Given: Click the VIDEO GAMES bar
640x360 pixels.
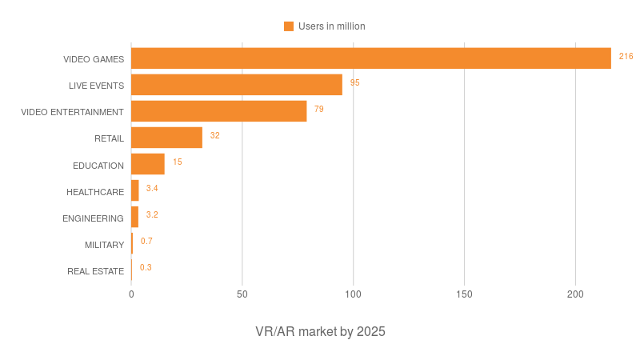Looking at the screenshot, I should pos(370,58).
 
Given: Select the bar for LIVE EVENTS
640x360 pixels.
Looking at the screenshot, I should pos(237,85).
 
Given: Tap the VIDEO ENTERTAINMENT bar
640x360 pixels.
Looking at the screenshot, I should pos(219,111).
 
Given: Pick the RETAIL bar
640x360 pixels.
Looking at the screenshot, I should pos(166,138).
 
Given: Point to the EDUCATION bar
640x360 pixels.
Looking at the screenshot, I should pos(148,164).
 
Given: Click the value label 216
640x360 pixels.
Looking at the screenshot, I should pos(626,56).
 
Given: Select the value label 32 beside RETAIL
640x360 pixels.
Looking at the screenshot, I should pos(214,135).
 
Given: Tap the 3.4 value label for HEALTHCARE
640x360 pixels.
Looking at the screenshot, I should pos(152,188).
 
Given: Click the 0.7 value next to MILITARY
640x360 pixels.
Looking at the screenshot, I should pos(146,241).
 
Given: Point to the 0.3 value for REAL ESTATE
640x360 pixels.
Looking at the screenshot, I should pos(146,267).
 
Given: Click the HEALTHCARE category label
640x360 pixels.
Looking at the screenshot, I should pos(95,192).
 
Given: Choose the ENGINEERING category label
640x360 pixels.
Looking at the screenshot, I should pos(93,218).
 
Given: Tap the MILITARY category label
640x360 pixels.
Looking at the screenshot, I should pos(104,245).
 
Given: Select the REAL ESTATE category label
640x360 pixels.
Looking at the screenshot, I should pos(96,271).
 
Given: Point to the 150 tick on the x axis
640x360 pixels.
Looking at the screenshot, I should pos(464,294).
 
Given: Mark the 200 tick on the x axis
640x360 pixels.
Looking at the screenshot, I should pos(575,294).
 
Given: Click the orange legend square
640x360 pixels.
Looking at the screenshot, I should pos(289,26).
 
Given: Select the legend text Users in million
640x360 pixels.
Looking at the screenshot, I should pos(331,26).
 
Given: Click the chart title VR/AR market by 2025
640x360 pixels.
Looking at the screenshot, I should pos(320,331).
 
